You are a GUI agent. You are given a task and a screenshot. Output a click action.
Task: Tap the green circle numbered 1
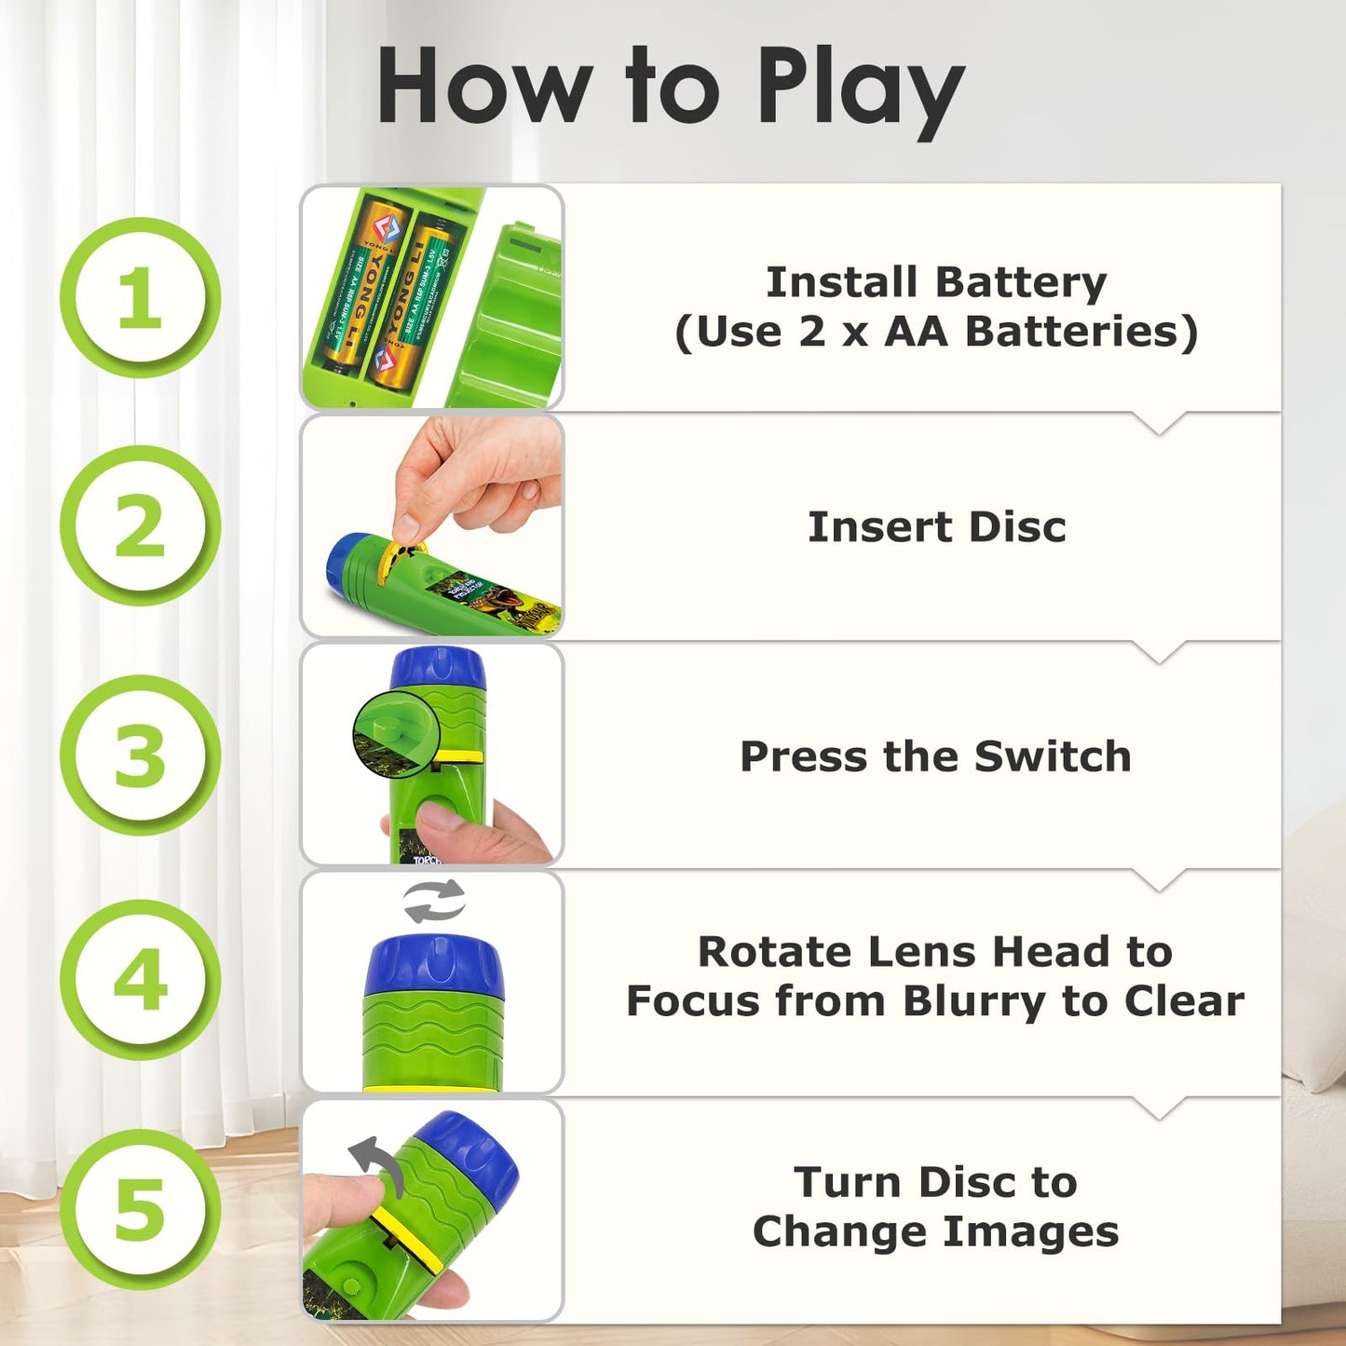point(140,297)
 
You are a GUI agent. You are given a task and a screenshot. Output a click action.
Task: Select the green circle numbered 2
point(140,525)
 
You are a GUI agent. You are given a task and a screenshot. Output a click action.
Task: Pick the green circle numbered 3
point(140,755)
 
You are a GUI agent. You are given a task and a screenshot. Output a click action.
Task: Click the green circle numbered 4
point(140,980)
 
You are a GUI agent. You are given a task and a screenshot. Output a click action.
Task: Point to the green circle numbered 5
point(140,1209)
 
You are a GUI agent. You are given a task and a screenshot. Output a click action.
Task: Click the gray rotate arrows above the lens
point(434,901)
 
